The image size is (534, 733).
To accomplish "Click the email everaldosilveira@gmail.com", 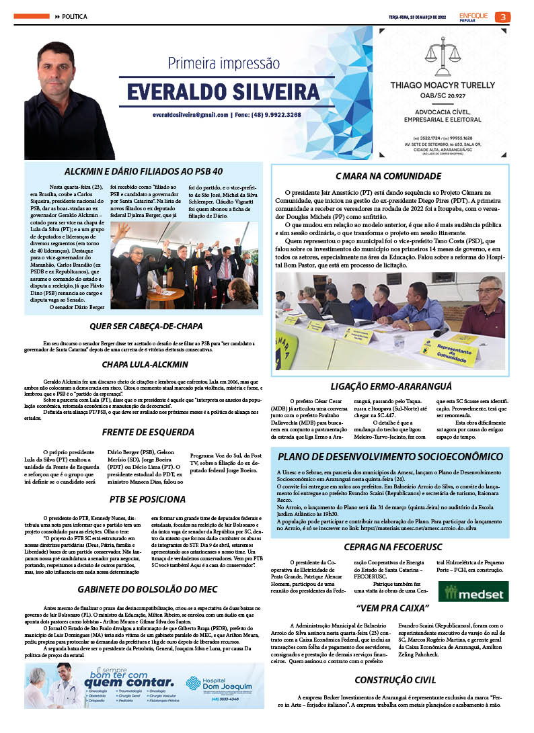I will pyautogui.click(x=190, y=115).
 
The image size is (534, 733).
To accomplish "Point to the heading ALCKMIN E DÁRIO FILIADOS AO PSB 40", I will pyautogui.click(x=143, y=171).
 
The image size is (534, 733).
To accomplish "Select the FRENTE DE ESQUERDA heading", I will pyautogui.click(x=143, y=433).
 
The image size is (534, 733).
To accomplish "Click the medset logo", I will pyautogui.click(x=468, y=592).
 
